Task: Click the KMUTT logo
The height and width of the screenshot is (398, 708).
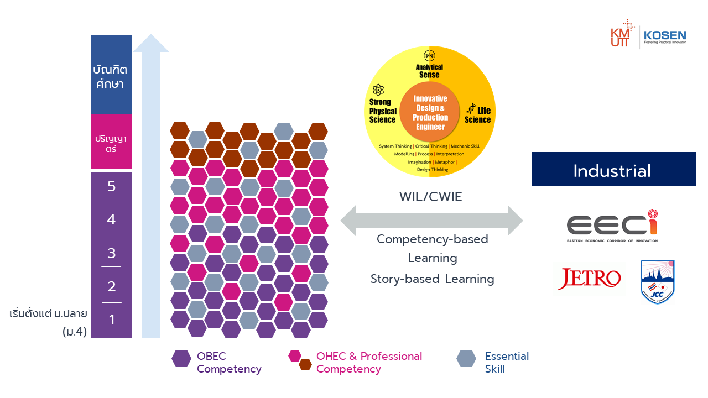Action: coord(622,34)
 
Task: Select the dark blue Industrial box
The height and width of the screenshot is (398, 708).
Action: coord(613,169)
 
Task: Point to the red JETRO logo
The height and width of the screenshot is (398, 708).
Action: coord(589,279)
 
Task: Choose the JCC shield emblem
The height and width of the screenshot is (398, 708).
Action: coord(657,282)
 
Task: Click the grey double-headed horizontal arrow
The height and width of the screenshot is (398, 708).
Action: coord(431,221)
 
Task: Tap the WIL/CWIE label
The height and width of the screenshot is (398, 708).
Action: coord(431,196)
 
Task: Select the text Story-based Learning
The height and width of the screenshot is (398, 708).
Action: coord(432,279)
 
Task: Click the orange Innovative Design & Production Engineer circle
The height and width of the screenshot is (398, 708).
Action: coord(430,112)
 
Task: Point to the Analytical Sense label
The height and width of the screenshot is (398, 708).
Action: coord(429,71)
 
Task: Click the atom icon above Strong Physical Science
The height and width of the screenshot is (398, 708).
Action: coord(378,90)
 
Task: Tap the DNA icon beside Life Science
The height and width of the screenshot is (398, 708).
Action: coord(471,108)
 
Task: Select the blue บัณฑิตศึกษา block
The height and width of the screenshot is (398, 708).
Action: coord(111,75)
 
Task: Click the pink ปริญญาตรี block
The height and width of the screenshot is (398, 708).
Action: coord(111,142)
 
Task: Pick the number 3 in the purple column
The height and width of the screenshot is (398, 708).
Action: coord(111,253)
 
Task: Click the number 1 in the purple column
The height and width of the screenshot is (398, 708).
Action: coord(111,320)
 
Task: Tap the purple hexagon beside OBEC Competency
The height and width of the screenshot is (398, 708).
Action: coord(181,359)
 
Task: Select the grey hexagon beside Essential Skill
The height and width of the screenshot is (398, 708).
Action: coord(466,359)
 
